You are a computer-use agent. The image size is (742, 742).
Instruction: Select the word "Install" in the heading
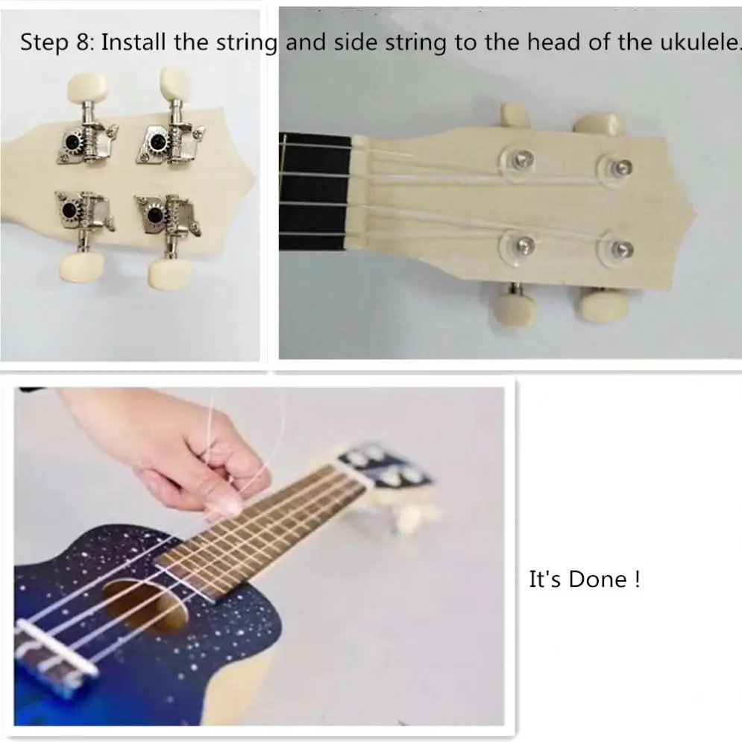tap(133, 42)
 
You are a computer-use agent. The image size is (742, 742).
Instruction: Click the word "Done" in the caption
tap(597, 579)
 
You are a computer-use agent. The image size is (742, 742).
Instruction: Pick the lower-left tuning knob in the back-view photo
tap(81, 268)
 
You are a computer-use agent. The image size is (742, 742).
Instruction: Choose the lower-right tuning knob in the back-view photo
tap(169, 273)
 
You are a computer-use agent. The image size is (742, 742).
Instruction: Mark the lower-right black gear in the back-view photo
tap(154, 216)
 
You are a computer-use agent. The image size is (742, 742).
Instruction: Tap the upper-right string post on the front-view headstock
tap(621, 167)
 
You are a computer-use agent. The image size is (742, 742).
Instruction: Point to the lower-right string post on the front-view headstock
tap(621, 250)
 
